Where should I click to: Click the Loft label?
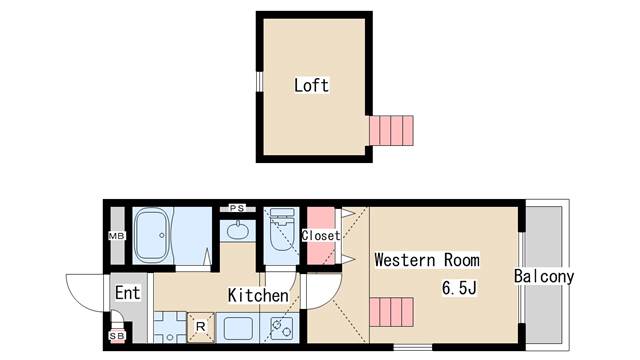point(311,85)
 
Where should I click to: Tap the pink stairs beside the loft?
point(391,130)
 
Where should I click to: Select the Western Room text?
point(426,260)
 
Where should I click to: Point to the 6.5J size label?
point(460,289)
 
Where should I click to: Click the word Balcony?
point(544,276)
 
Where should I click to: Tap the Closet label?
point(321,236)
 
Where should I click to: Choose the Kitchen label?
point(258,296)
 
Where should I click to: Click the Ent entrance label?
point(127,293)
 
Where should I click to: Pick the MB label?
point(115,237)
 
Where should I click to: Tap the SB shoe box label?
point(116,336)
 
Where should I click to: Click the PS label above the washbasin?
point(237,208)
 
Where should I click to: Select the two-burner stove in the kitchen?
point(279,327)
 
